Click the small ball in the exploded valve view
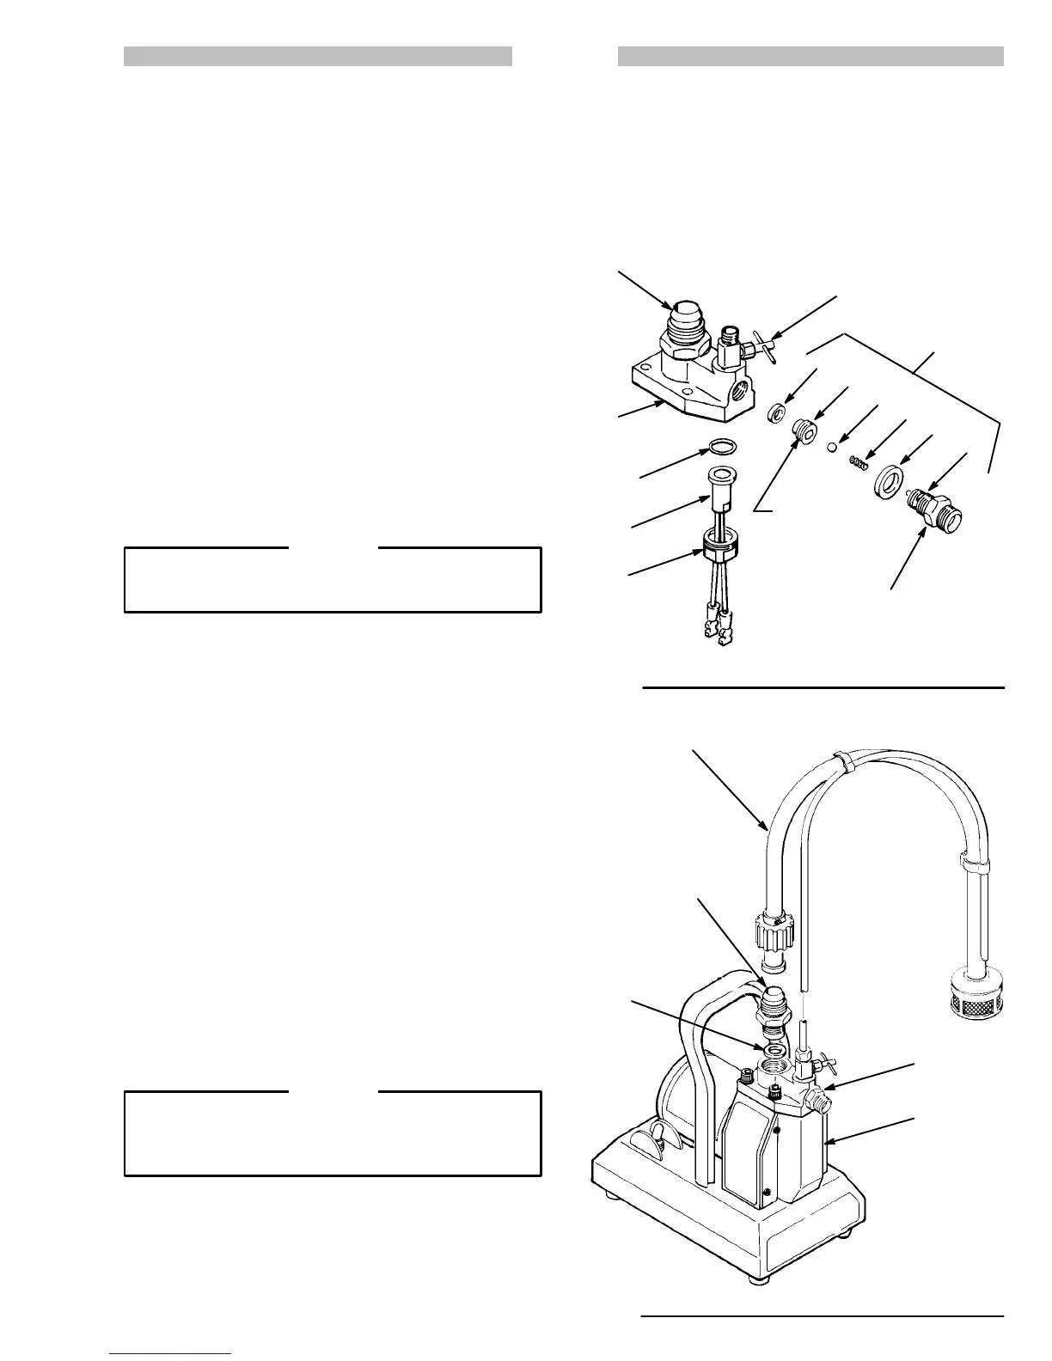click(833, 447)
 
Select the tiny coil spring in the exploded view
click(857, 463)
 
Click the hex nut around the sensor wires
click(720, 543)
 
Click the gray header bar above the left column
click(318, 57)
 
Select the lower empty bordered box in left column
click(333, 1133)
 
